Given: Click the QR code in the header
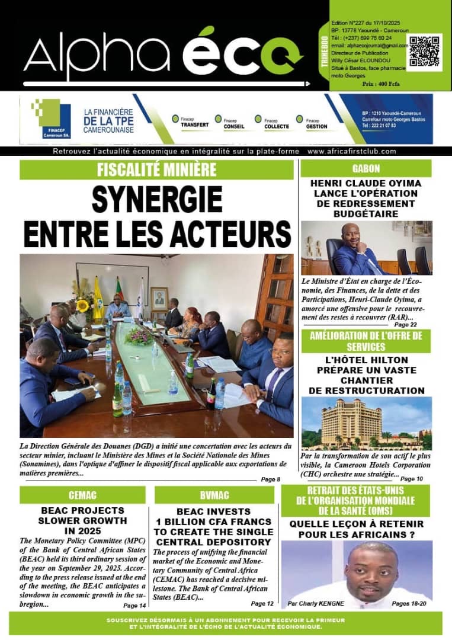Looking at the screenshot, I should pyautogui.click(x=424, y=52).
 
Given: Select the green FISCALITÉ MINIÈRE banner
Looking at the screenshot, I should pyautogui.click(x=156, y=170).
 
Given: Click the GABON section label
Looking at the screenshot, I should pyautogui.click(x=366, y=169).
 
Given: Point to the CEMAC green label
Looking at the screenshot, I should pyautogui.click(x=82, y=495).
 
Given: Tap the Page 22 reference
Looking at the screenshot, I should pyautogui.click(x=405, y=325).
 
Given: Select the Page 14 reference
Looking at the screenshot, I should pyautogui.click(x=134, y=606).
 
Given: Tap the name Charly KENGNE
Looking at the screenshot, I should pyautogui.click(x=323, y=603).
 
